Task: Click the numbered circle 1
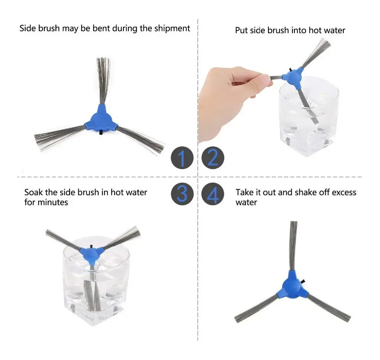pos(182,158)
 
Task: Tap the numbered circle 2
pos(213,158)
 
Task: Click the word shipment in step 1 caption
pos(172,29)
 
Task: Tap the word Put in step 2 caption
pos(241,31)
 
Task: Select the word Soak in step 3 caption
pos(33,192)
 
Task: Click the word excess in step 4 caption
pos(344,193)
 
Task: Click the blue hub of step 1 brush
pos(101,119)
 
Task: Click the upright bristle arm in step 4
pos(294,246)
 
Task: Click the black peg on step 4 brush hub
pos(303,281)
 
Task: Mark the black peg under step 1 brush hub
pos(101,133)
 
